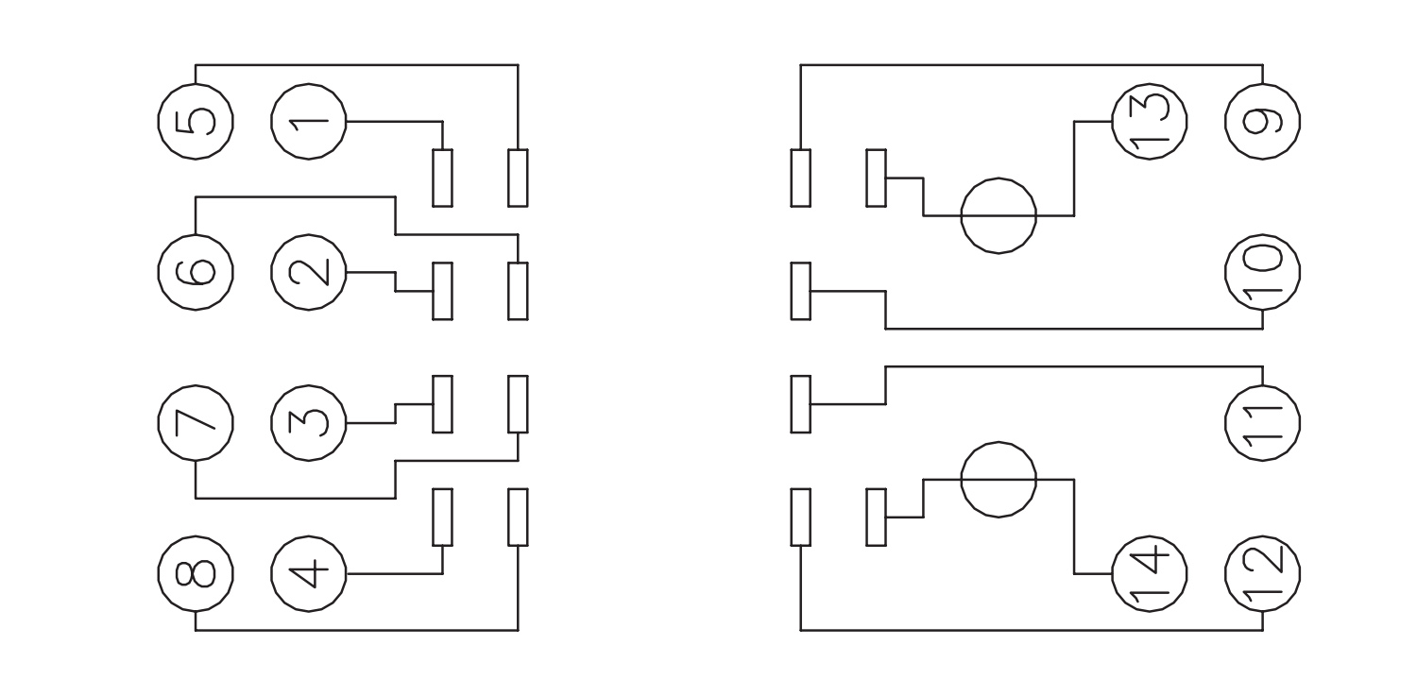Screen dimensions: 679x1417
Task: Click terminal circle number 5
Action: tap(196, 122)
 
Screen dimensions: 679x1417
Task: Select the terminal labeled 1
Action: tap(309, 122)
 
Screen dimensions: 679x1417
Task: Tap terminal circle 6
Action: tap(196, 272)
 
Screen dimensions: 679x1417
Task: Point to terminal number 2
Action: tap(309, 272)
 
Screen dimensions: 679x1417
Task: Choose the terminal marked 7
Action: tap(196, 423)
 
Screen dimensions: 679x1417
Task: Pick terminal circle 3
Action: tap(309, 423)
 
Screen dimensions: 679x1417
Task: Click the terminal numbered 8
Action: tap(196, 573)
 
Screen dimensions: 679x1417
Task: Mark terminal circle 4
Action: tap(309, 573)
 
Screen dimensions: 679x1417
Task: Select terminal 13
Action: tap(1150, 122)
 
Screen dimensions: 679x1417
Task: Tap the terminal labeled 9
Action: tap(1262, 122)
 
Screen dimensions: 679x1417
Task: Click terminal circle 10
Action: tap(1262, 272)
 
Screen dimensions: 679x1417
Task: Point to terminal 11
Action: tap(1262, 423)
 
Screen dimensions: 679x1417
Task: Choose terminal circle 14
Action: tap(1150, 573)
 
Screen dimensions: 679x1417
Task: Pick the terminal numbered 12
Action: tap(1262, 573)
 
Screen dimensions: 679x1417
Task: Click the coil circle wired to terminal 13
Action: tap(999, 215)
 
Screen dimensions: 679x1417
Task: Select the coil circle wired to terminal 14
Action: tap(999, 480)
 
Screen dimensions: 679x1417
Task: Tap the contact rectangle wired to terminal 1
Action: tap(442, 178)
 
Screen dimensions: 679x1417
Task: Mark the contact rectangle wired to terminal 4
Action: tap(442, 518)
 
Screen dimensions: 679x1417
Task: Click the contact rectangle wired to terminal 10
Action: tap(801, 291)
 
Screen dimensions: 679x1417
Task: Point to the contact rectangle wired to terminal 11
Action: tap(801, 404)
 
